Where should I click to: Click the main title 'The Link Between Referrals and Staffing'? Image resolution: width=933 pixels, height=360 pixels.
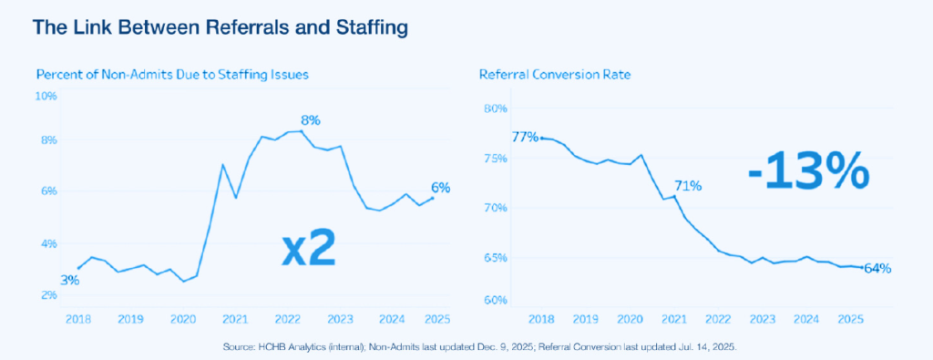click(220, 28)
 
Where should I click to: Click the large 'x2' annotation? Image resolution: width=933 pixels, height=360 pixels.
click(308, 248)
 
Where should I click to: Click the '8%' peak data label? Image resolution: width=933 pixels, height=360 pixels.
click(312, 119)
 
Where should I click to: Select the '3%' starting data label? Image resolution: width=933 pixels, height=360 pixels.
click(69, 280)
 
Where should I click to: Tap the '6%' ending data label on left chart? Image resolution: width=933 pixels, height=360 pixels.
click(440, 188)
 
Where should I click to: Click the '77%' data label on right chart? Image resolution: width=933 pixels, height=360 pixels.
click(524, 138)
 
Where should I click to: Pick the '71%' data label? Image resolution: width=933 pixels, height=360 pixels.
click(688, 187)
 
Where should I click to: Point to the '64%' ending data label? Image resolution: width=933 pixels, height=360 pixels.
click(877, 268)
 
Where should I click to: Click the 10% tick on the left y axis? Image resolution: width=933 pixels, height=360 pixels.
click(45, 95)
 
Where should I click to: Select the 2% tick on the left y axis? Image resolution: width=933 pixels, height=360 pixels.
click(47, 295)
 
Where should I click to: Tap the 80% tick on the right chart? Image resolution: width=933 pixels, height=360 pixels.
click(495, 109)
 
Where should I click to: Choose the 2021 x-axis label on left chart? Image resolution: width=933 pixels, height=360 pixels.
click(235, 319)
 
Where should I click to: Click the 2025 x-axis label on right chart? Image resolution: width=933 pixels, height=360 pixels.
click(850, 319)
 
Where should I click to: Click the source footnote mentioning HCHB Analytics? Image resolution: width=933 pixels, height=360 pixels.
click(466, 347)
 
